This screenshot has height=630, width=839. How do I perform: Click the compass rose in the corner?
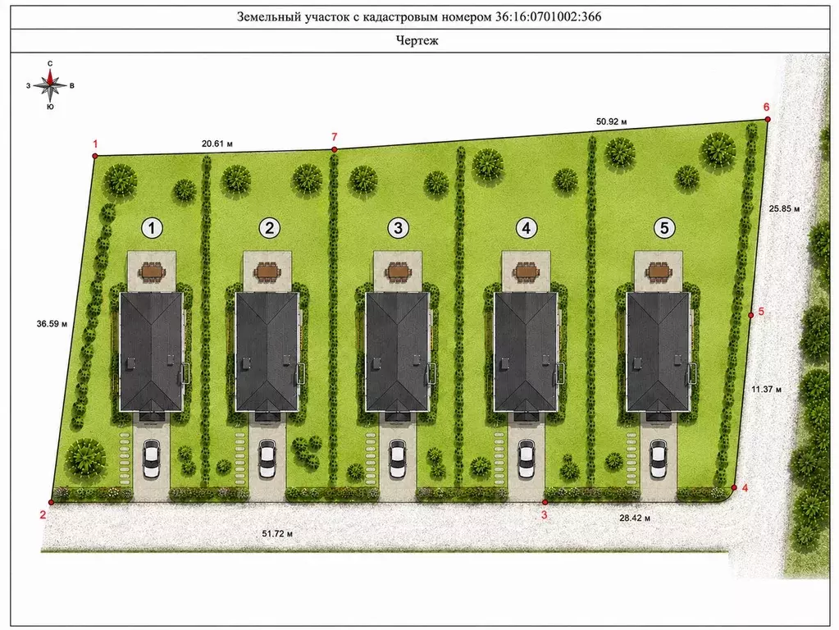click(50, 85)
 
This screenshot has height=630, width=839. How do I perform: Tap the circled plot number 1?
click(152, 228)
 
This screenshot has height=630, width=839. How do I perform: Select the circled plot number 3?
click(398, 228)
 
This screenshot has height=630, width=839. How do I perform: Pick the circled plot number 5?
click(664, 228)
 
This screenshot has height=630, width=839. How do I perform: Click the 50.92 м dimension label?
click(612, 121)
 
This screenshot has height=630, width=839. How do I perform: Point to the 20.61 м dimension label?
click(217, 144)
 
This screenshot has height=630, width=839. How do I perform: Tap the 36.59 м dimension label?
click(52, 324)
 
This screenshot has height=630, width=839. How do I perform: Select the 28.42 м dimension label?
click(635, 518)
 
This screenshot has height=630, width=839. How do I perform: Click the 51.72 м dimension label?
click(277, 533)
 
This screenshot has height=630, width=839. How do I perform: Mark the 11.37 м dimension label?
click(766, 389)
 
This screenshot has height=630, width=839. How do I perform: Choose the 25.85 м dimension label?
click(784, 208)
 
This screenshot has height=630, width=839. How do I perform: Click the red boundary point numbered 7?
click(335, 150)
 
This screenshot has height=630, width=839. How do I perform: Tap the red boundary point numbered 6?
click(768, 119)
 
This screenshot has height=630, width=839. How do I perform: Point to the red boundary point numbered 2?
click(52, 502)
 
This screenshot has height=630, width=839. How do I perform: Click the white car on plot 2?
click(267, 459)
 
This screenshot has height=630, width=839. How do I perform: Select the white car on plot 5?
click(659, 459)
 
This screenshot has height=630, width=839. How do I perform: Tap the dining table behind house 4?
click(527, 272)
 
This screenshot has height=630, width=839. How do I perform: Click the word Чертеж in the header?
click(417, 41)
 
